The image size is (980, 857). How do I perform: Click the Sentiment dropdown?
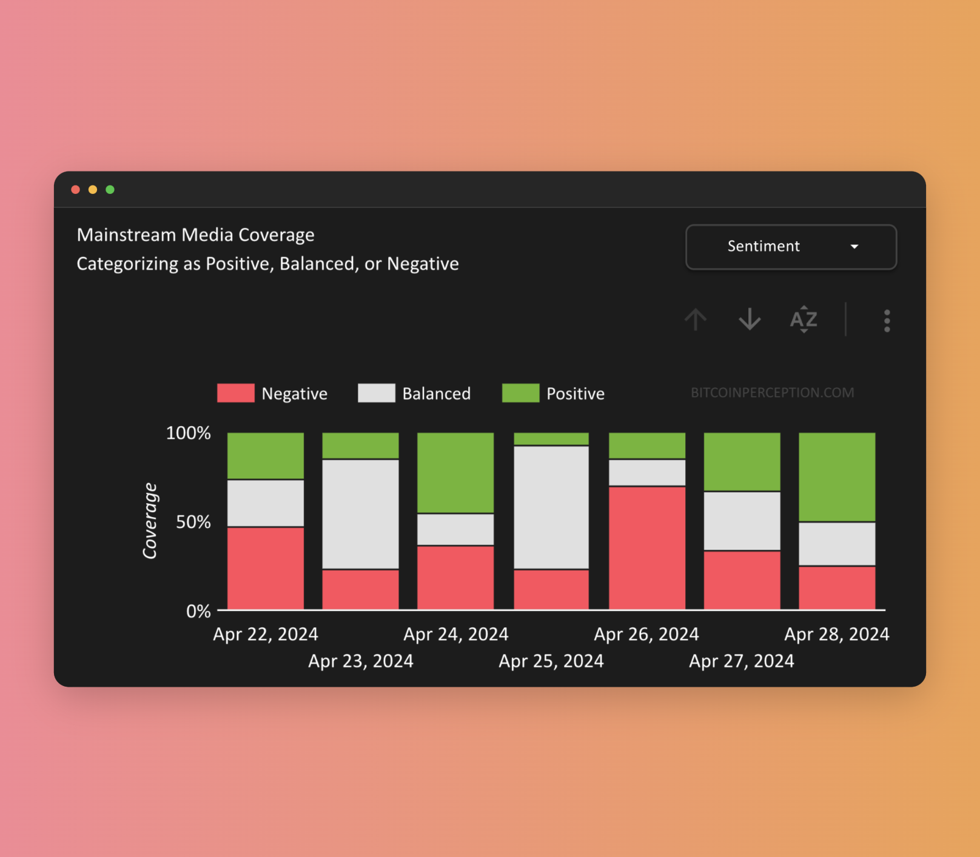coord(791,247)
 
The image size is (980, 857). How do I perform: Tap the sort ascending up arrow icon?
coord(696,319)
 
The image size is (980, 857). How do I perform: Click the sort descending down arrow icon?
coord(750,319)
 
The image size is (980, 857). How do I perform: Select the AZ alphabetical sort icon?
coord(804,319)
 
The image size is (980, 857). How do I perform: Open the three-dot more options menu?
coord(887,321)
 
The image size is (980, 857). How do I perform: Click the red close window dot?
coord(76,190)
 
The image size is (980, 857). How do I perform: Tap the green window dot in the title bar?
coord(110,190)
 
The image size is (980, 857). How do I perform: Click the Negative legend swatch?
coord(236,393)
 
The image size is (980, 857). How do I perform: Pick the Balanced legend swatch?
coord(377,393)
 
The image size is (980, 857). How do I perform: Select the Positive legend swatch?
coord(521,393)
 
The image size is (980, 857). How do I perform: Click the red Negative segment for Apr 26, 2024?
coord(647,547)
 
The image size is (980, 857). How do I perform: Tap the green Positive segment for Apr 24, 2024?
coord(455,473)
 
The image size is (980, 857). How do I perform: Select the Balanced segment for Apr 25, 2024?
coord(551,507)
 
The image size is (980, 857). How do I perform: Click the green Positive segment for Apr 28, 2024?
coord(837,477)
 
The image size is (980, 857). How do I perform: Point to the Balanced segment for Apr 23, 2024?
coord(361,514)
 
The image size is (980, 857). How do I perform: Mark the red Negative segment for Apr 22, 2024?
coord(266,568)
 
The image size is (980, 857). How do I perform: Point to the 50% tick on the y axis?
coord(193,522)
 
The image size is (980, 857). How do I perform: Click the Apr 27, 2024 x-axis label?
coord(741,661)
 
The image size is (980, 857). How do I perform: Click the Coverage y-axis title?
coord(150,521)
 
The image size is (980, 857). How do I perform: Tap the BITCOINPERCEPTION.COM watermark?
coord(772,393)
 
